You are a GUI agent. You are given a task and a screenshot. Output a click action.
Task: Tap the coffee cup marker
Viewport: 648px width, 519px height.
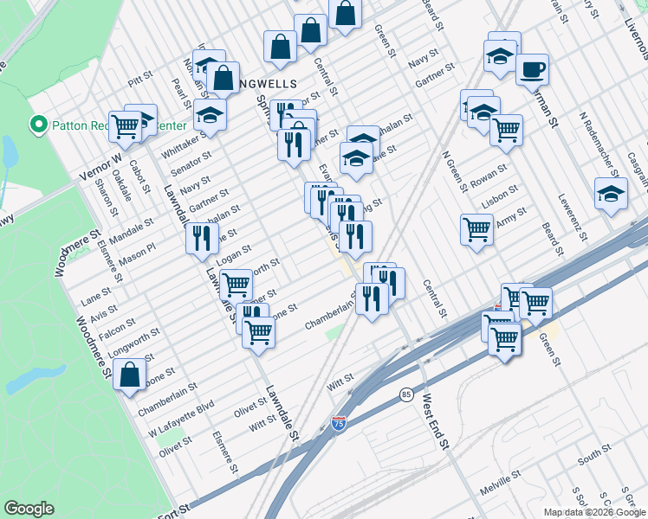(532, 69)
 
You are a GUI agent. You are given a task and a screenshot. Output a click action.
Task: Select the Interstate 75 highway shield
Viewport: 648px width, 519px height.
(339, 424)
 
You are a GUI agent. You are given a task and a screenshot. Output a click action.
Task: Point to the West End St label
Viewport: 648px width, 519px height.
(434, 422)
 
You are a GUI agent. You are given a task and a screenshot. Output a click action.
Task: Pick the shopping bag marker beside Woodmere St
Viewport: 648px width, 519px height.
(129, 376)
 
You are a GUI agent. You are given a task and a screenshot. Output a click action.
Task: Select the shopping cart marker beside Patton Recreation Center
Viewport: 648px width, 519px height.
(125, 127)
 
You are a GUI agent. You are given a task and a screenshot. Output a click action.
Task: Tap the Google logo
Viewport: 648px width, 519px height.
(29, 509)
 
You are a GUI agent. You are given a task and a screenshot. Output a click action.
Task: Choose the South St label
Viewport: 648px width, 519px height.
(595, 455)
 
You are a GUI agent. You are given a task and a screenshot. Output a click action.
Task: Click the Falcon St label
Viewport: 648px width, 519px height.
(117, 324)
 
